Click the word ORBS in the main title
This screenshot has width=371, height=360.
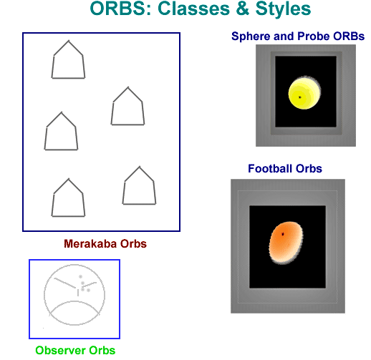pyautogui.click(x=121, y=9)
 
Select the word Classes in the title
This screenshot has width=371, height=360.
pyautogui.click(x=193, y=9)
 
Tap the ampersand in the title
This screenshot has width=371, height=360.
pyautogui.click(x=243, y=9)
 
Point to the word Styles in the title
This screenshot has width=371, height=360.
pyautogui.click(x=283, y=9)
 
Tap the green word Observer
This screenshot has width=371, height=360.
pyautogui.click(x=60, y=351)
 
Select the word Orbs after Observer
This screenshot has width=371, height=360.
pyautogui.click(x=102, y=351)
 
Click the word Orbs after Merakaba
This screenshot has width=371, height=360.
pyautogui.click(x=133, y=244)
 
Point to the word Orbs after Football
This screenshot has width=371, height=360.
pyautogui.click(x=309, y=168)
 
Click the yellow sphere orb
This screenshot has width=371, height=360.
pyautogui.click(x=304, y=93)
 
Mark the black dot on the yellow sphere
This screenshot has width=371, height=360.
pyautogui.click(x=300, y=97)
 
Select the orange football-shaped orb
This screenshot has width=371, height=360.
pyautogui.click(x=286, y=243)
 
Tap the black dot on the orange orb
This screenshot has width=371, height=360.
pyautogui.click(x=283, y=234)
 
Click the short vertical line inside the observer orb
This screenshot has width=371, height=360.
pyautogui.click(x=78, y=293)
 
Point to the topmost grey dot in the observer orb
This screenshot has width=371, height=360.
pyautogui.click(x=80, y=277)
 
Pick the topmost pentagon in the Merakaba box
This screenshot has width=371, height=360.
pyautogui.click(x=68, y=59)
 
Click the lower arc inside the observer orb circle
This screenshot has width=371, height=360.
pyautogui.click(x=74, y=301)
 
